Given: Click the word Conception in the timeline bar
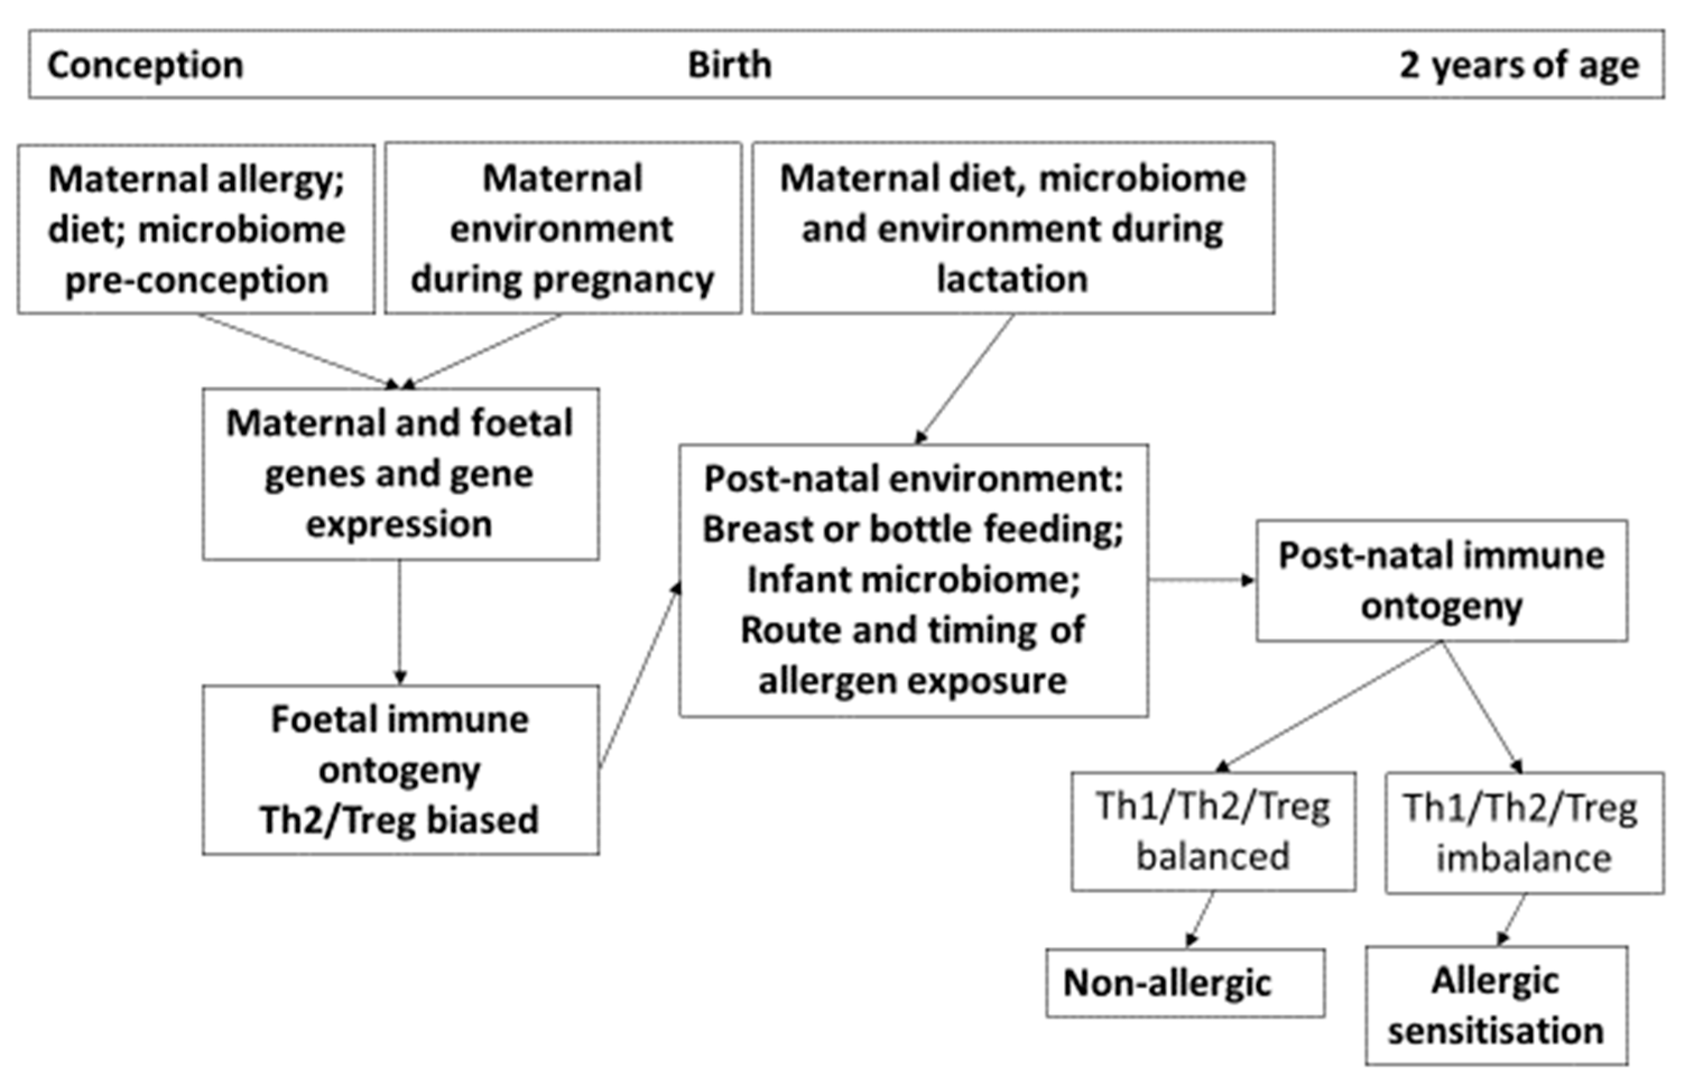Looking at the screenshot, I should pos(145,65).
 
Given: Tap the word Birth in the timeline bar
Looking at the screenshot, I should pos(729,65).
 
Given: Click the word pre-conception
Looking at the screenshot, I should pos(197,280).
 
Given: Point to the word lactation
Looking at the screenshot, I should pos(1012,279).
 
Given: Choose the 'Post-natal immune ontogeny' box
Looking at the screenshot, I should pos(1441,581).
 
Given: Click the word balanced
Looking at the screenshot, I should pos(1212,856).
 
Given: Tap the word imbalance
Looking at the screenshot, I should pos(1523,858).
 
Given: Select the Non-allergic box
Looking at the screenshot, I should pos(1185,982).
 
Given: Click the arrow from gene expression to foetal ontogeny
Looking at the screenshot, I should pos(400,620).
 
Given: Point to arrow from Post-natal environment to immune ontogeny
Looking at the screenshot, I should pos(1201,581).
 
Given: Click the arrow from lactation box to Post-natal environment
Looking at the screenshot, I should pos(965,379).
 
